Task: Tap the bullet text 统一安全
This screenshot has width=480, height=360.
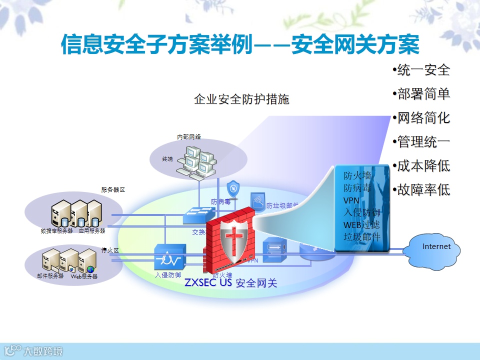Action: [x=423, y=70]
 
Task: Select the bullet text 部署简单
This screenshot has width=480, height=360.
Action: [x=423, y=94]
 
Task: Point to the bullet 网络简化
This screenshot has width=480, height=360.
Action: [x=423, y=118]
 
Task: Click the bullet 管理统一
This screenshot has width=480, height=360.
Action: [x=423, y=142]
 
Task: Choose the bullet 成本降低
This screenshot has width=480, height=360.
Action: [x=423, y=165]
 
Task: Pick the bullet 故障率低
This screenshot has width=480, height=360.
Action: [x=423, y=189]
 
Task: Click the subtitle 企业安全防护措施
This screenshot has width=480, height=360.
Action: [x=241, y=99]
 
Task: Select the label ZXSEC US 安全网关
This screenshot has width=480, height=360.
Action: [x=230, y=283]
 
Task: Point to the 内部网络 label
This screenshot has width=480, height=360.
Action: [x=189, y=136]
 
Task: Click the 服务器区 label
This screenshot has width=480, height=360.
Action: [x=112, y=190]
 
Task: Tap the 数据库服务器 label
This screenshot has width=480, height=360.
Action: [x=57, y=231]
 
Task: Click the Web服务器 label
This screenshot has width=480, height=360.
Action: [x=84, y=276]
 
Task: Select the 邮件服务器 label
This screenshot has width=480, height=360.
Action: [x=50, y=276]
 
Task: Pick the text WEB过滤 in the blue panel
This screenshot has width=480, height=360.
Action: [x=361, y=224]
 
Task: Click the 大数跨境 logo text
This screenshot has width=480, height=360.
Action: [x=44, y=351]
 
